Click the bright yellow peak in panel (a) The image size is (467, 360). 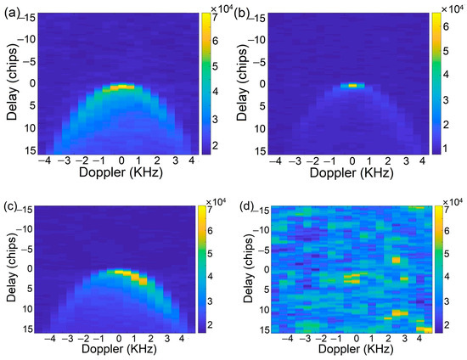click(122, 87)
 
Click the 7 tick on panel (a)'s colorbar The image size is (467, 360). click(218, 18)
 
